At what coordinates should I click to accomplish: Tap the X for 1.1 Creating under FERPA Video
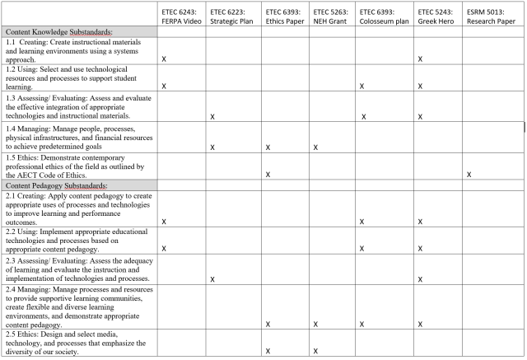click(x=165, y=59)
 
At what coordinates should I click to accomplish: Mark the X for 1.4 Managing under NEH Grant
click(x=316, y=147)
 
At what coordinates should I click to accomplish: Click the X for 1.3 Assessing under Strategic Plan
click(x=213, y=117)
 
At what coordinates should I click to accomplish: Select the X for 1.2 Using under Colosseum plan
click(x=362, y=86)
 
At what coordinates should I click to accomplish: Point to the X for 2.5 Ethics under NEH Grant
click(x=316, y=352)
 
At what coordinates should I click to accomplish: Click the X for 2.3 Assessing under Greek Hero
click(x=420, y=279)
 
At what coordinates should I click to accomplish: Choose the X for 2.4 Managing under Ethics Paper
click(x=268, y=324)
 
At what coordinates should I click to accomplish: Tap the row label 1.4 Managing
click(x=77, y=138)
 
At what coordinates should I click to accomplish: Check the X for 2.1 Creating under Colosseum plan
click(x=362, y=222)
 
